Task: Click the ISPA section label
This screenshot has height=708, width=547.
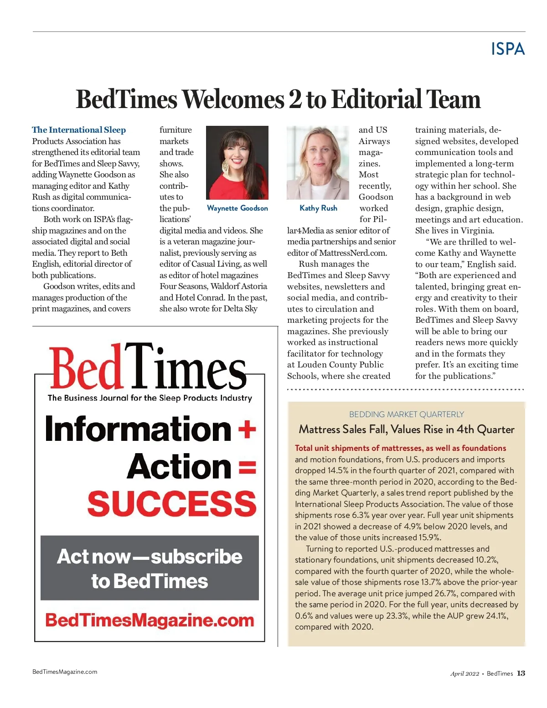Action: pos(508,49)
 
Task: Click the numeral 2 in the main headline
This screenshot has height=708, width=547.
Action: pos(295,99)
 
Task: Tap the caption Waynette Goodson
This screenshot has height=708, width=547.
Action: pos(237,208)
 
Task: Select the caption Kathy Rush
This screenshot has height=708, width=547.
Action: pos(318,208)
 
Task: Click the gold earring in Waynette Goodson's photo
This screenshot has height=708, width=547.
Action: pos(225,166)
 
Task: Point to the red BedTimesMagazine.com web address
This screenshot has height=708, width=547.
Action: pos(150,620)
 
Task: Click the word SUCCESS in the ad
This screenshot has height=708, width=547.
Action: pos(172,503)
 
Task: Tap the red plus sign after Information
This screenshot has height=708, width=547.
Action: pos(247,429)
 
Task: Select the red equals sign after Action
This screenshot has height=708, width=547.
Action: pos(247,467)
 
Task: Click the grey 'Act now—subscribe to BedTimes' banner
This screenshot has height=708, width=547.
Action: pos(150,568)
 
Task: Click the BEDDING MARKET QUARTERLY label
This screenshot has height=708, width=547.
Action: pos(406,414)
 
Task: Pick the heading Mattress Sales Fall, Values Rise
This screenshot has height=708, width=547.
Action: pos(406,429)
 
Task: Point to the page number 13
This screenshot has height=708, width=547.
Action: pos(521,673)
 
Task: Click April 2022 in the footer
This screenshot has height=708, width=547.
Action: pos(464,674)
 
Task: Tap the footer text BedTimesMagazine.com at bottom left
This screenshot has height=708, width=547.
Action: pos(65,672)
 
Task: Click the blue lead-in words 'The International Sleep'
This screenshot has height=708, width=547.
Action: pos(79,130)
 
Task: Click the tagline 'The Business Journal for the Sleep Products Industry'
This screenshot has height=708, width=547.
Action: pos(150,398)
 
